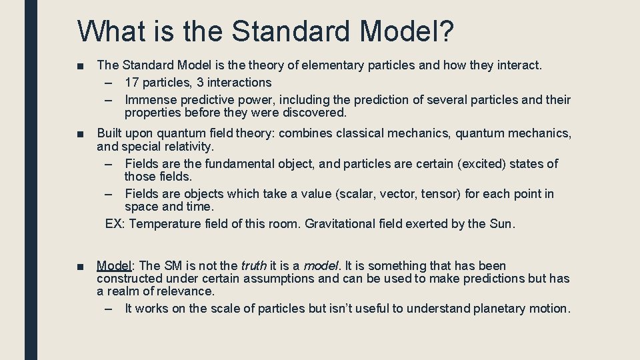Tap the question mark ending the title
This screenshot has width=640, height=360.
[x=446, y=31]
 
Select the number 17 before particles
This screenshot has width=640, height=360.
[x=132, y=83]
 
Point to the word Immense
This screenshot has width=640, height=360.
[x=150, y=100]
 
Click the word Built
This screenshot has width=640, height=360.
[x=111, y=133]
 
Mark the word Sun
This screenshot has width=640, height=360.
[x=501, y=224]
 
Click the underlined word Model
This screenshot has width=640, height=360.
[x=114, y=266]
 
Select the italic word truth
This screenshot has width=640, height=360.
[x=253, y=266]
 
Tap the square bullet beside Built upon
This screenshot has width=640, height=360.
[x=81, y=134]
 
